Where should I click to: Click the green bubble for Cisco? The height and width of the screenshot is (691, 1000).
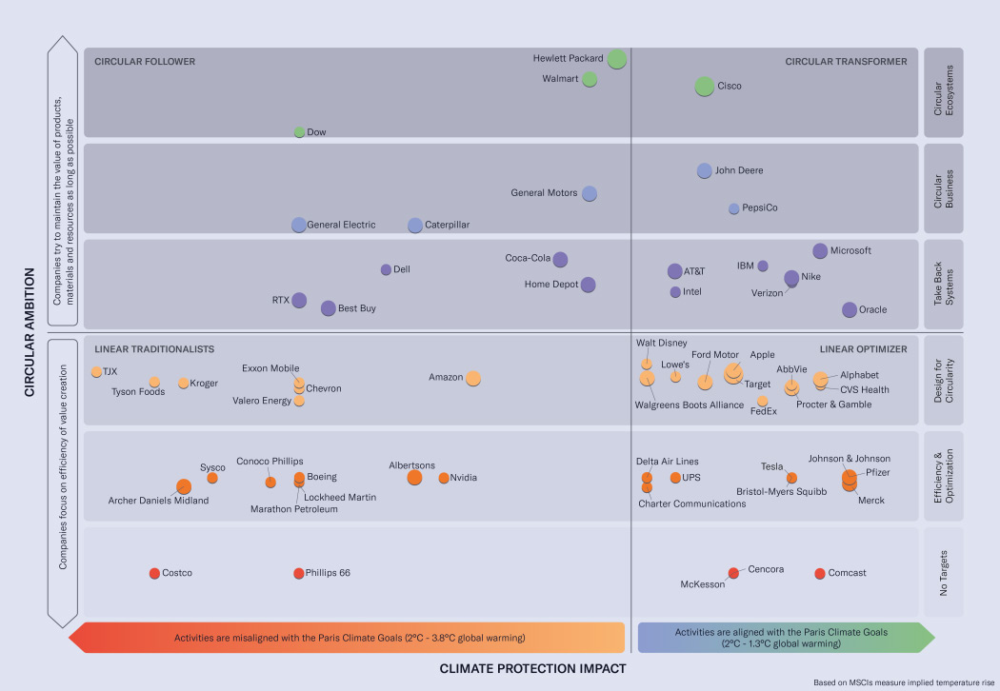704,87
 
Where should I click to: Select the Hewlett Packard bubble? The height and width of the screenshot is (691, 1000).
617,59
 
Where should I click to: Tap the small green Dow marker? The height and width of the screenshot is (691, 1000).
299,132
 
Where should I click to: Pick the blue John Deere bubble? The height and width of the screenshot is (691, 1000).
704,171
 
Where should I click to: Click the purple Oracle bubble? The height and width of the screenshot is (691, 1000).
850,309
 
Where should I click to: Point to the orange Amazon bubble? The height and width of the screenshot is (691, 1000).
472,379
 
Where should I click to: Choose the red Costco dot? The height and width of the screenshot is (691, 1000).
154,573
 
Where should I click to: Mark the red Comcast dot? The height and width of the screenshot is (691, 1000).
820,573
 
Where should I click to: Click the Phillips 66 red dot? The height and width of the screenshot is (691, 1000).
299,573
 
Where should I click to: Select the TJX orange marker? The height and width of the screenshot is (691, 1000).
96,372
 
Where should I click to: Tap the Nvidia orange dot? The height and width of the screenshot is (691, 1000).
444,478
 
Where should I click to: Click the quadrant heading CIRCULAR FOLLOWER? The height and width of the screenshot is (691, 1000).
145,62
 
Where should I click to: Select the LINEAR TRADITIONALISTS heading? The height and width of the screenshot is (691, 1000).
154,349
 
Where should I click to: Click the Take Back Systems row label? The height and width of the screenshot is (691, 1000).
944,284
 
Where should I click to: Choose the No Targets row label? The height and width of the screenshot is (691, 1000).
944,573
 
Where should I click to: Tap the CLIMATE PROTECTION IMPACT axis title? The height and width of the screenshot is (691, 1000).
532,669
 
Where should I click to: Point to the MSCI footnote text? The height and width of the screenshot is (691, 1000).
902,682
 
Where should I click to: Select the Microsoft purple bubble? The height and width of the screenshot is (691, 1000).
820,251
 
